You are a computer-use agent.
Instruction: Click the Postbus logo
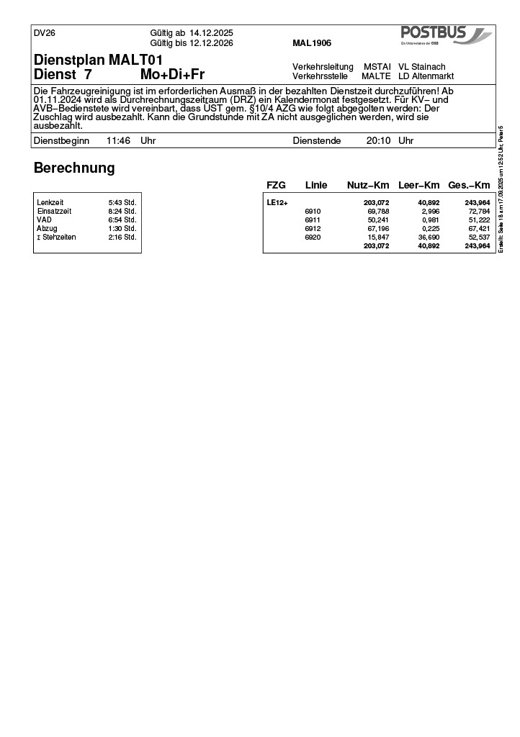pyautogui.click(x=446, y=35)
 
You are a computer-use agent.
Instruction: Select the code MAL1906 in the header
pyautogui.click(x=312, y=43)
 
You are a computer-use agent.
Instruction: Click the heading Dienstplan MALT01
pyautogui.click(x=99, y=59)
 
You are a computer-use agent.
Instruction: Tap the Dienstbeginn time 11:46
pyautogui.click(x=118, y=141)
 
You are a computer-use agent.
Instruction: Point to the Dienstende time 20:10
pyautogui.click(x=378, y=141)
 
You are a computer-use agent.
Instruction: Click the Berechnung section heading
pyautogui.click(x=74, y=168)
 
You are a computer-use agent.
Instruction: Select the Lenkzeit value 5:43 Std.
pyautogui.click(x=122, y=203)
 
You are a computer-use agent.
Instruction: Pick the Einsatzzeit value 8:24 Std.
pyautogui.click(x=122, y=212)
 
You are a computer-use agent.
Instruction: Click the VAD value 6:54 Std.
pyautogui.click(x=122, y=220)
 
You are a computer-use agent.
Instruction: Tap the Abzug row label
pyautogui.click(x=47, y=229)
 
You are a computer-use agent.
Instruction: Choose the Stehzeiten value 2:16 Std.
pyautogui.click(x=122, y=238)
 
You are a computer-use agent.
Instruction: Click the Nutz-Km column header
pyautogui.click(x=368, y=186)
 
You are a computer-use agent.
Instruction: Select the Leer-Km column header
pyautogui.click(x=418, y=186)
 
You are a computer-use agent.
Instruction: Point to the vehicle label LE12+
pyautogui.click(x=277, y=203)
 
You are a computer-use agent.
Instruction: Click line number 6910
pyautogui.click(x=313, y=212)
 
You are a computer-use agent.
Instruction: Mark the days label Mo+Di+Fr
pyautogui.click(x=172, y=75)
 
